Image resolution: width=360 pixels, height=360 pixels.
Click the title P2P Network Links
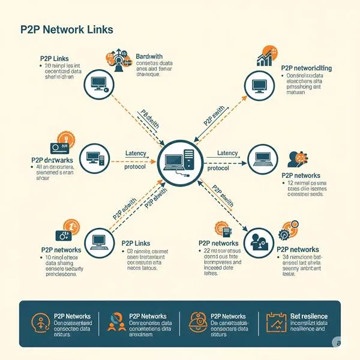click(x=67, y=29)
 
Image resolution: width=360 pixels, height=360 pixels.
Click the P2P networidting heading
click(x=307, y=68)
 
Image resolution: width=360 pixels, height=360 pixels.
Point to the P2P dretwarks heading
click(x=52, y=160)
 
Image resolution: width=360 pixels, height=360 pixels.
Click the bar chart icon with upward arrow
click(x=265, y=57)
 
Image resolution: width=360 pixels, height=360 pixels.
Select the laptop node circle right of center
click(x=263, y=159)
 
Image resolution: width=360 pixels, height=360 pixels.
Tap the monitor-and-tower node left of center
click(x=95, y=158)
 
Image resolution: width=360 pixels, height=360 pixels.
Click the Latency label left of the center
click(x=136, y=154)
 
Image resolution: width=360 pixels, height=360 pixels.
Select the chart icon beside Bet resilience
click(x=274, y=324)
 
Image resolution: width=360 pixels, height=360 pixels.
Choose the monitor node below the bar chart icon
click(x=260, y=86)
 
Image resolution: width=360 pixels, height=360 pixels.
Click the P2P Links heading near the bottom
click(x=135, y=244)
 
